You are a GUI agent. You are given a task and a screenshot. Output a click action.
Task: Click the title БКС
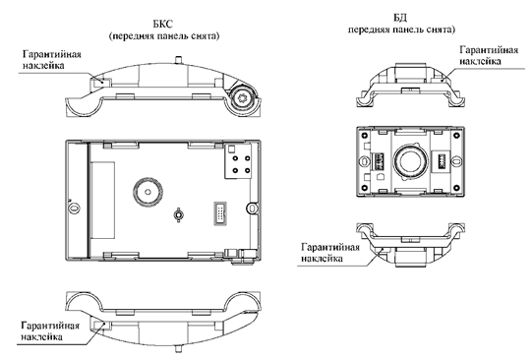pyautogui.click(x=163, y=24)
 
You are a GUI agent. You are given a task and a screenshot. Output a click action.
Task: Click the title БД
pyautogui.click(x=400, y=18)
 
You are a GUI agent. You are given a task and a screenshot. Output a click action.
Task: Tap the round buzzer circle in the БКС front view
pyautogui.click(x=148, y=192)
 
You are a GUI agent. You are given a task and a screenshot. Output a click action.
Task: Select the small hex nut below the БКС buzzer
pyautogui.click(x=178, y=214)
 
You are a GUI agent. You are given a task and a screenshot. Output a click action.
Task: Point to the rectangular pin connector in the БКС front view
pyautogui.click(x=220, y=213)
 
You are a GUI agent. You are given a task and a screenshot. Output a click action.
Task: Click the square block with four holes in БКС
pyautogui.click(x=238, y=160)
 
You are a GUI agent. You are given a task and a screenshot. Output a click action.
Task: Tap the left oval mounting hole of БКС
pyautogui.click(x=74, y=208)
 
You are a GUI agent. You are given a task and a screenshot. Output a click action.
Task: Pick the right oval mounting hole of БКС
pyautogui.click(x=252, y=208)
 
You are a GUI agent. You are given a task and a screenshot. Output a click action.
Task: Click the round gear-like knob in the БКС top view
pyautogui.click(x=243, y=97)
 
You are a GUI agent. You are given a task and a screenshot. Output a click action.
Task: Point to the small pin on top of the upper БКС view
pyautogui.click(x=178, y=60)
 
